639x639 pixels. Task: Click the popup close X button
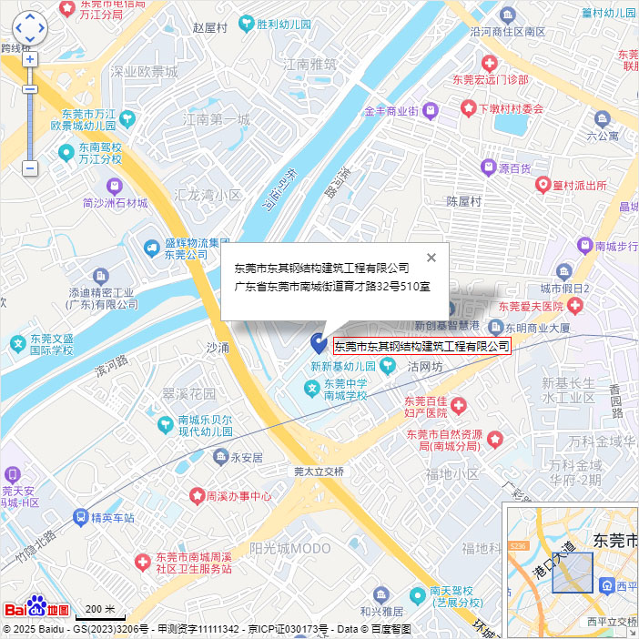tap(431, 257)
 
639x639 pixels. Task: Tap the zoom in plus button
tap(30, 59)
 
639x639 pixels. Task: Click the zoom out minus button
tap(30, 168)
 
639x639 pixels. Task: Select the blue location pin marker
tap(319, 343)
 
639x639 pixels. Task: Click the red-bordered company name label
tap(421, 346)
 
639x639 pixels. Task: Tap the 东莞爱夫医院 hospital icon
tap(575, 307)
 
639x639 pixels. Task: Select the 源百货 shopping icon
tap(489, 167)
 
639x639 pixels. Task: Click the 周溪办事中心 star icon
tap(197, 496)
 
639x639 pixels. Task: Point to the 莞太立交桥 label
tap(319, 472)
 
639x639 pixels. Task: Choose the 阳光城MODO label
tap(290, 548)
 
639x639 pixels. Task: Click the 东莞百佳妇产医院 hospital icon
tap(459, 404)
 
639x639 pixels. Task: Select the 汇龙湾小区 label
tap(208, 195)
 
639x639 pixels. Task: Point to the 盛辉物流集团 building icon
tap(151, 247)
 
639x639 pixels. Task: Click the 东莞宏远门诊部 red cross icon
tap(490, 63)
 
